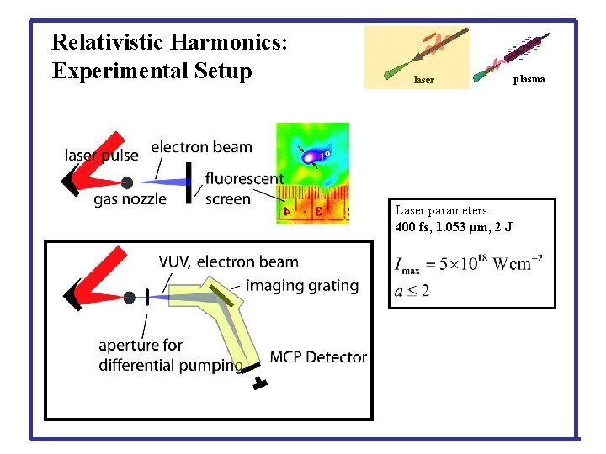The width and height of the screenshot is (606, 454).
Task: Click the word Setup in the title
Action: tap(221, 71)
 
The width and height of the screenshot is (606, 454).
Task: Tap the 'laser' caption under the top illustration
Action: tap(424, 81)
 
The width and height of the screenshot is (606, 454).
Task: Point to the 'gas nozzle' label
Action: tap(130, 199)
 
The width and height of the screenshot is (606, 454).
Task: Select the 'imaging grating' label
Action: tap(302, 285)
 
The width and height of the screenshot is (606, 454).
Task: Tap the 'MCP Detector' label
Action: tap(318, 357)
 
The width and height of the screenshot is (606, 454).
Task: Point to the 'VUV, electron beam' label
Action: tap(228, 262)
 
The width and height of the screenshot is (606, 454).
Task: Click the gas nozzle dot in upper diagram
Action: tap(126, 182)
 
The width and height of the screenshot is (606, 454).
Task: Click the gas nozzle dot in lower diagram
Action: tap(129, 297)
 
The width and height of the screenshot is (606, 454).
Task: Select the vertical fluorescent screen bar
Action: tap(189, 183)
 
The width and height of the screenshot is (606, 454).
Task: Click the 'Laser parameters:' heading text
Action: tap(443, 210)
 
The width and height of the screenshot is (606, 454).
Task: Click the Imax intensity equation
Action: tap(468, 264)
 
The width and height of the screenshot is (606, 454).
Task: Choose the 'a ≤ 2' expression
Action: tap(412, 291)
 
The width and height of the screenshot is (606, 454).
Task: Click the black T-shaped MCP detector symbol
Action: tap(259, 383)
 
